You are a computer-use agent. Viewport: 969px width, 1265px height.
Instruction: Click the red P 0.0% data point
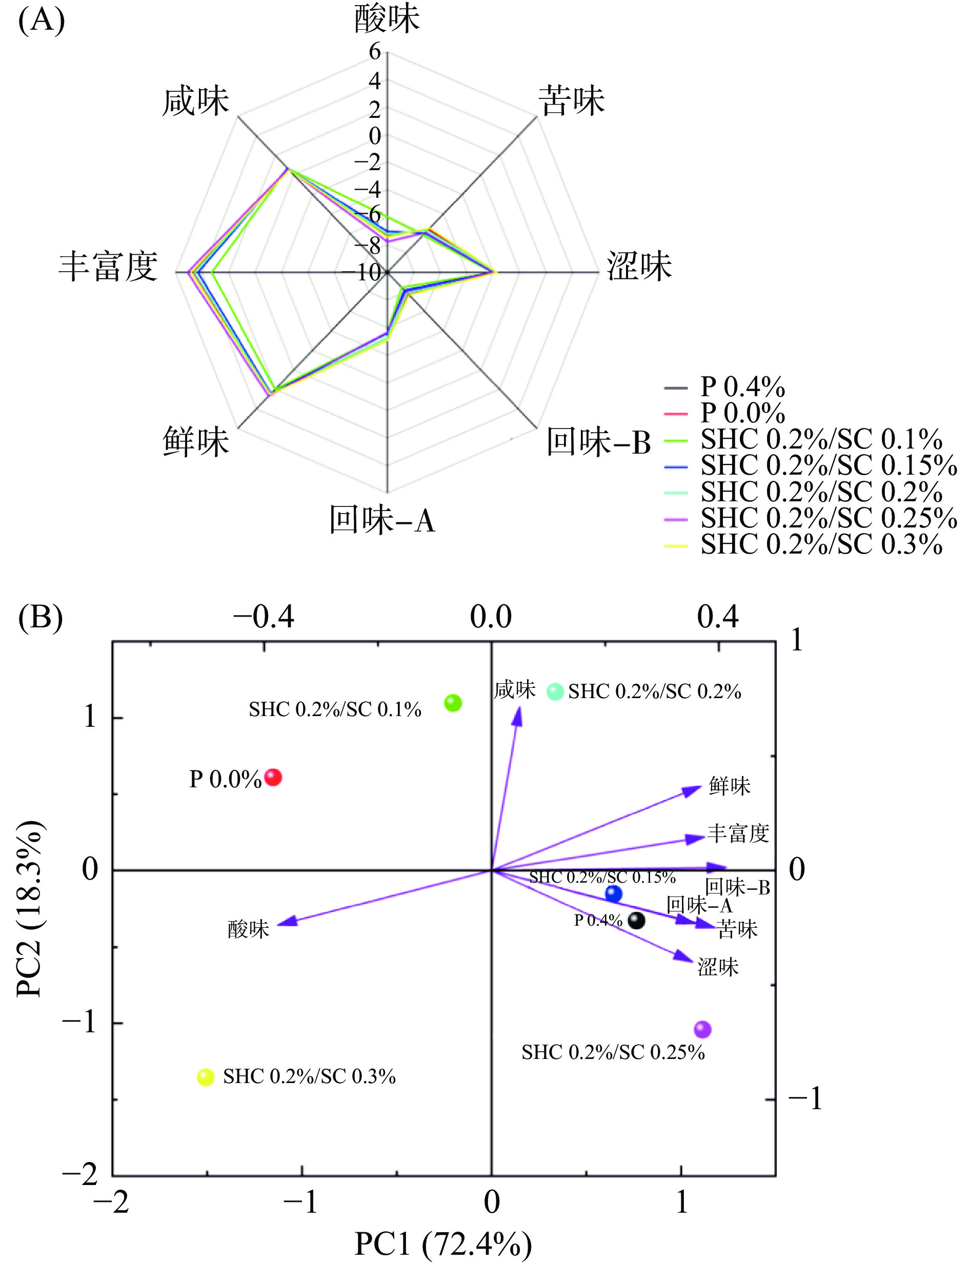coord(273,778)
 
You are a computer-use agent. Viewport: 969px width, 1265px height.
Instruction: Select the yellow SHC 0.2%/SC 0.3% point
coord(205,1077)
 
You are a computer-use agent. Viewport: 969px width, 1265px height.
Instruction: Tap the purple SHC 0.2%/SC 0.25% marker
coord(702,1029)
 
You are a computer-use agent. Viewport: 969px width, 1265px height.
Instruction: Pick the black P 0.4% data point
coord(636,920)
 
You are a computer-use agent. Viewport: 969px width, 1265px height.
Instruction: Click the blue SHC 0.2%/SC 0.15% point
coord(614,894)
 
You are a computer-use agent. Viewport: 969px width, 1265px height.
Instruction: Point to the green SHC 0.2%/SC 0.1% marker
coord(453,703)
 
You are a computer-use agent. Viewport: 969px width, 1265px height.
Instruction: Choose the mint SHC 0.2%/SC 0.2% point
coord(555,691)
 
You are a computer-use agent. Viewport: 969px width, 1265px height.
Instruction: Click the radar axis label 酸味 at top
coord(387,18)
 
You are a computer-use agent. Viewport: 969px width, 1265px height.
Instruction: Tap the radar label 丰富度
coord(109,267)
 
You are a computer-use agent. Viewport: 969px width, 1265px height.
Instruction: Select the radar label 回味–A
coord(382,520)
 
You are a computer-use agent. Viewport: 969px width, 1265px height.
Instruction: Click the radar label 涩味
coord(639,267)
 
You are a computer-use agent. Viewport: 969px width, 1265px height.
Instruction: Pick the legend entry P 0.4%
coord(742,387)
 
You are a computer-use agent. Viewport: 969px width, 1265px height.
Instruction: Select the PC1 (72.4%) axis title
coord(443,1243)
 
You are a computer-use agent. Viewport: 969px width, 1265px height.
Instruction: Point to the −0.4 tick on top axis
coord(264,617)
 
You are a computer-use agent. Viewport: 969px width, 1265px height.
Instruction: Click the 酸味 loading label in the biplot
coord(248,929)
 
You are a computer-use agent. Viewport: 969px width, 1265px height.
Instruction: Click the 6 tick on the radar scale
coord(375,52)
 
